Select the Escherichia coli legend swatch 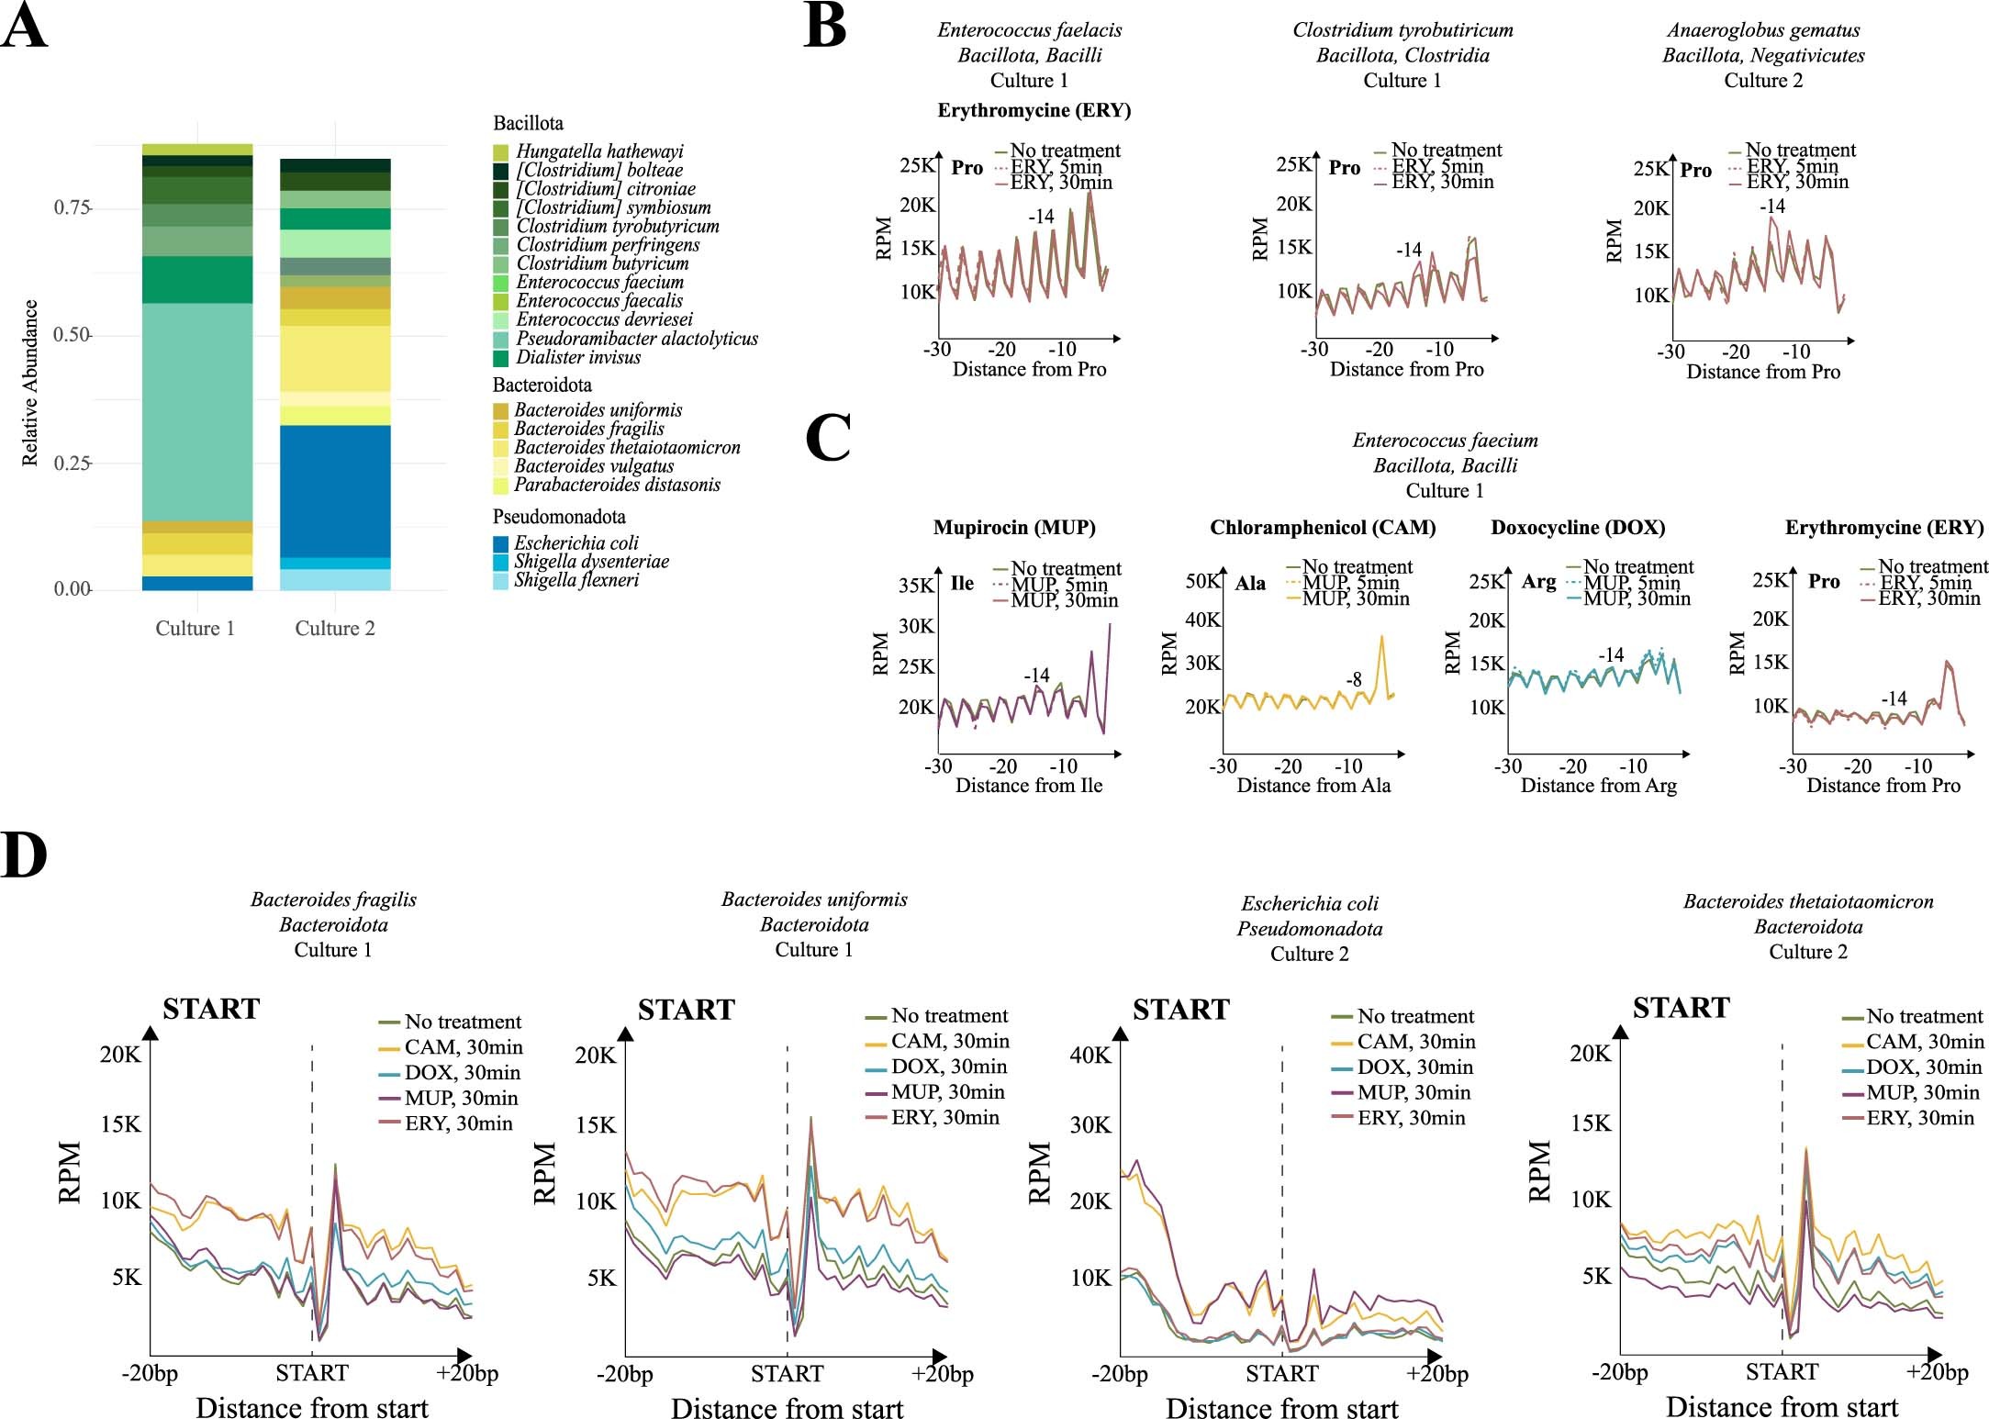(500, 543)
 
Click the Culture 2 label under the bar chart (334, 628)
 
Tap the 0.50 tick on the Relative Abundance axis (71, 335)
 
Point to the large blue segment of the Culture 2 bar (335, 491)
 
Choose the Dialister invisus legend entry (578, 357)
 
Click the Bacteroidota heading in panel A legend (542, 385)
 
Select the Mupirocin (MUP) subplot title (1014, 528)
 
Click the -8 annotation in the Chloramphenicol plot (1354, 679)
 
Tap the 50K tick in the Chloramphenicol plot (1202, 581)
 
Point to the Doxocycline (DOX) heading (1577, 528)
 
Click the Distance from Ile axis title (1028, 786)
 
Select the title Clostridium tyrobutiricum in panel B (1402, 30)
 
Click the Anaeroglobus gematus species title (1762, 30)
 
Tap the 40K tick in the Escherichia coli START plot (1089, 1055)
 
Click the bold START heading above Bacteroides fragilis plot (211, 1009)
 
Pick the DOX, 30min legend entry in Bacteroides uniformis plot (948, 1067)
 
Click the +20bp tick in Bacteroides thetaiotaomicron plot (1937, 1372)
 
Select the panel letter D (24, 855)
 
